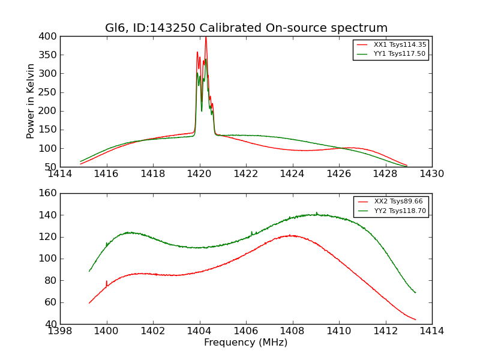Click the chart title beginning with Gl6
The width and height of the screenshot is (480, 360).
pos(246,28)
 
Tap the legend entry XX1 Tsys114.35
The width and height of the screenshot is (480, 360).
pos(399,44)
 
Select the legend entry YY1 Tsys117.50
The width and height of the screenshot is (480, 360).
pos(399,53)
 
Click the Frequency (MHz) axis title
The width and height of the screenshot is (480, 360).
pos(246,343)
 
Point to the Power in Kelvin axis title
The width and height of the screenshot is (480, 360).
pos(31,101)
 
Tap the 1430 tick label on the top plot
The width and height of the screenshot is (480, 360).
pos(432,173)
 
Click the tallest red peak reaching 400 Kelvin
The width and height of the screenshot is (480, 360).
pos(206,38)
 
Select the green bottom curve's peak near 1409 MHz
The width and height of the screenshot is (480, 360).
pos(316,213)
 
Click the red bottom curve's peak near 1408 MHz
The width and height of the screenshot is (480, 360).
pos(290,235)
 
